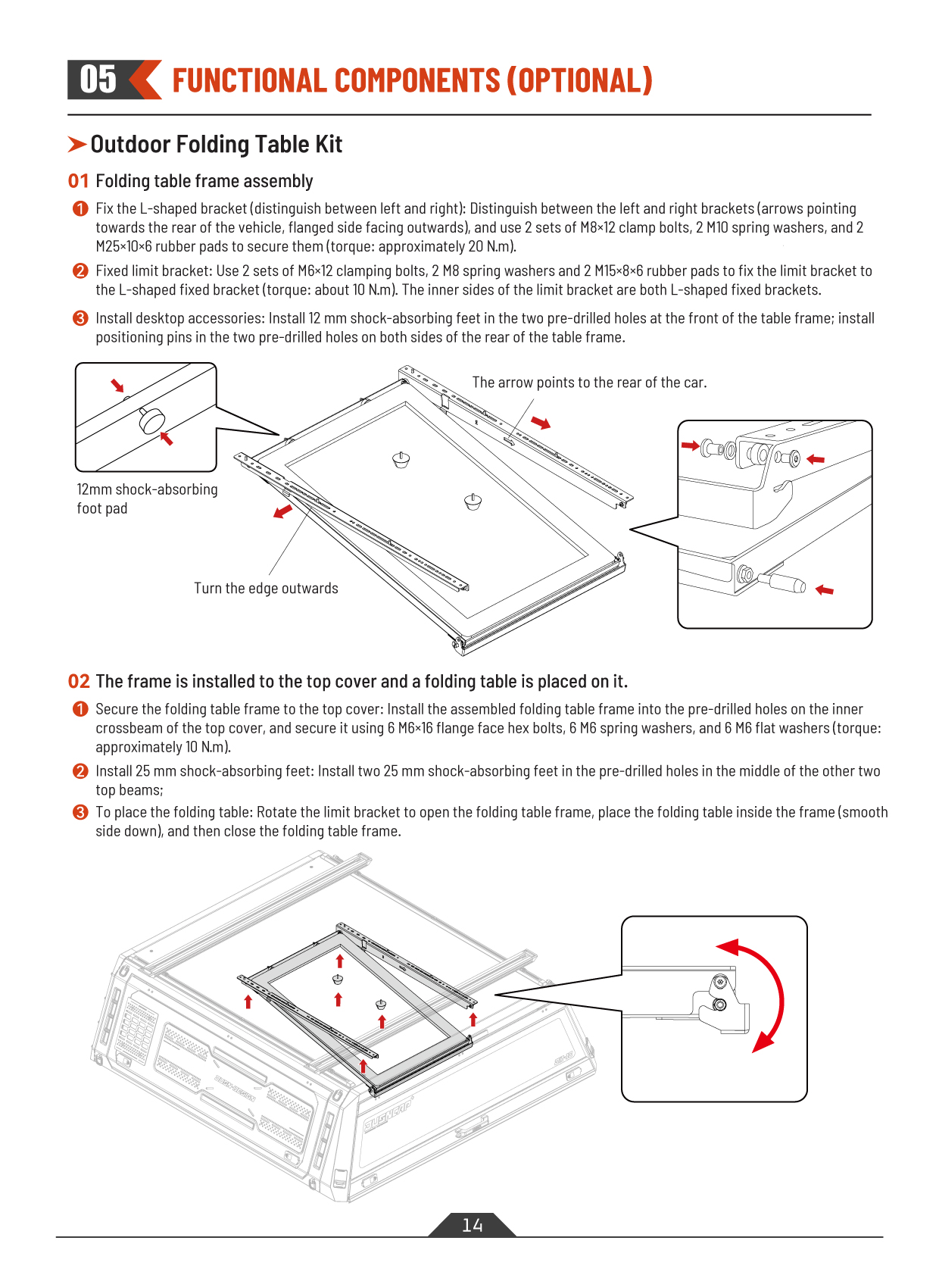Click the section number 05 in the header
(x=98, y=80)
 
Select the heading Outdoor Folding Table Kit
(x=216, y=144)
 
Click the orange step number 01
(x=78, y=181)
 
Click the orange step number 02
(x=78, y=682)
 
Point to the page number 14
(x=472, y=1225)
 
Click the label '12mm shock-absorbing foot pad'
(x=146, y=498)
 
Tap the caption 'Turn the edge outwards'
(x=266, y=589)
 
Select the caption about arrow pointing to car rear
(x=589, y=383)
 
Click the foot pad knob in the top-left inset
(x=152, y=419)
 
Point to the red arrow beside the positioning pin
(x=824, y=589)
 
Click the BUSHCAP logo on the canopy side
(x=388, y=1114)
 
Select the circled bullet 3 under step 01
(x=80, y=318)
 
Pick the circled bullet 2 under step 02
(x=80, y=771)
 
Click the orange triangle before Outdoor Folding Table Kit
(x=76, y=144)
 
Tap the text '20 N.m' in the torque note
(x=490, y=246)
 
